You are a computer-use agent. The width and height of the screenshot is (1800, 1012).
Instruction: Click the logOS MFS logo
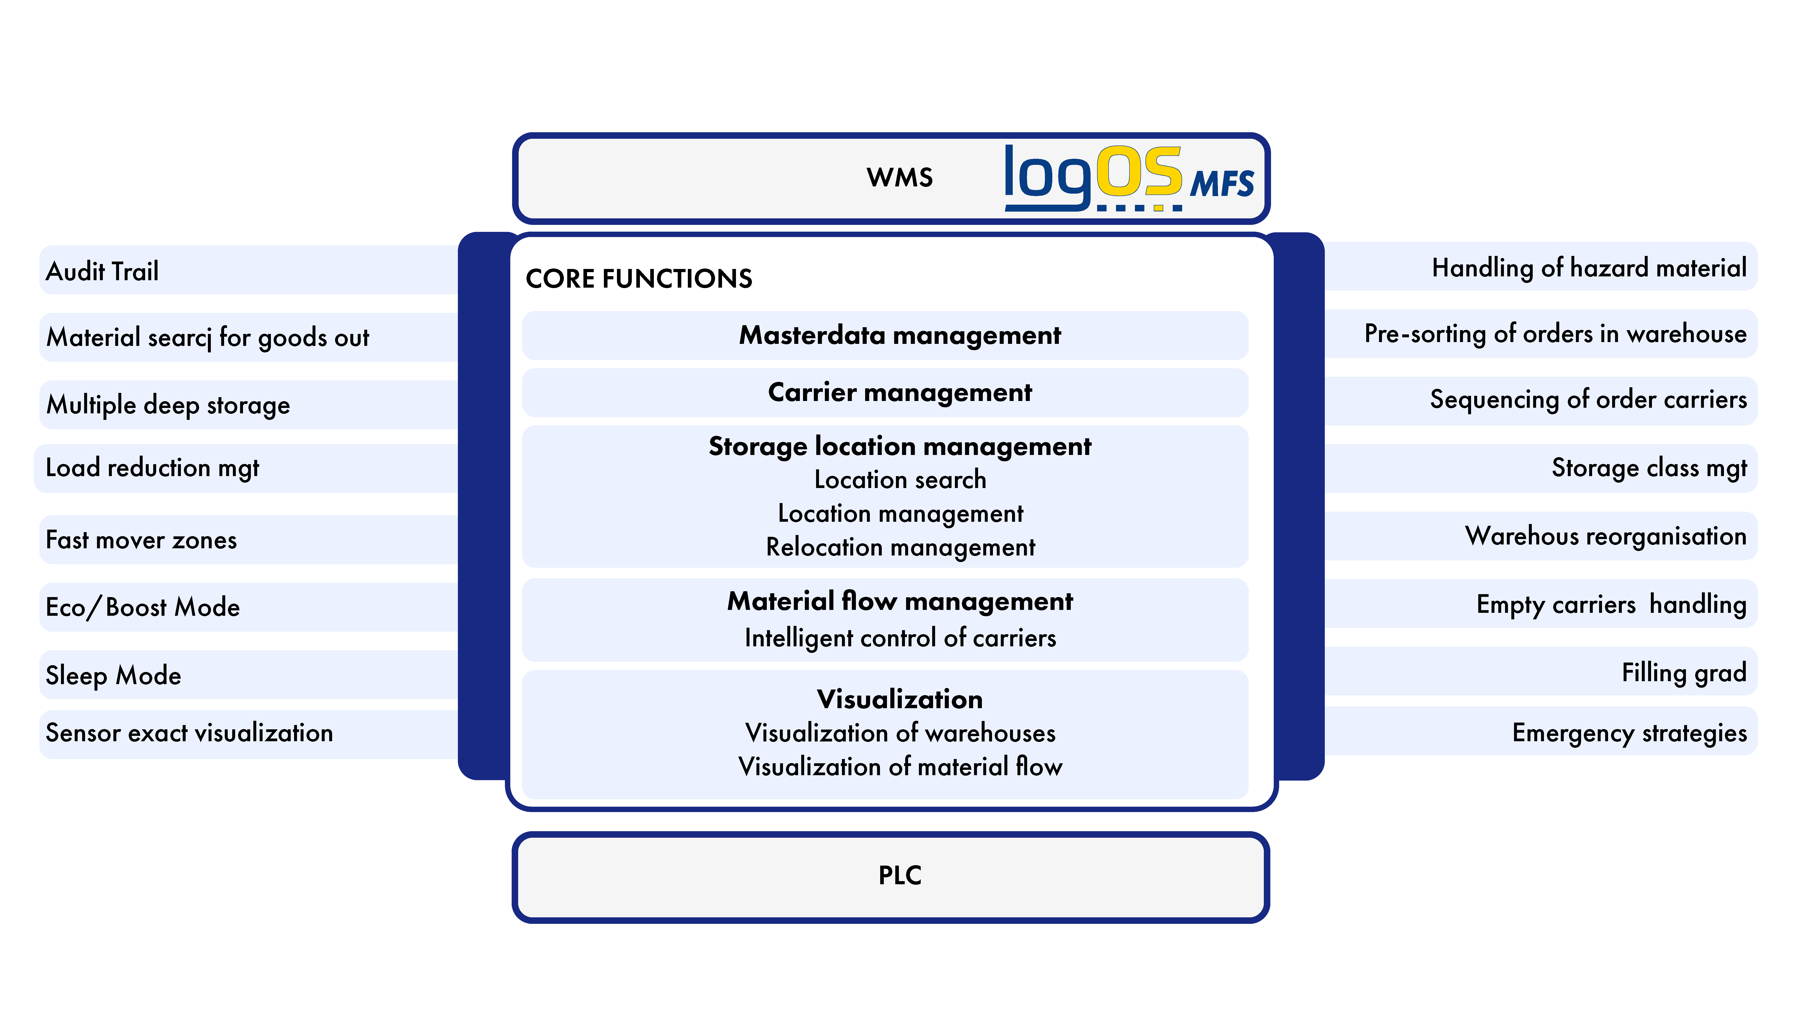click(1129, 178)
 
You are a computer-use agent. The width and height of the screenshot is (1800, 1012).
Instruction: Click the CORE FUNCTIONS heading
click(639, 279)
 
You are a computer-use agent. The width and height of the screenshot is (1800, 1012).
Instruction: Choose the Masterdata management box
click(885, 335)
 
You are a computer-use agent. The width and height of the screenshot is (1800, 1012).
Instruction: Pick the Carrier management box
click(885, 392)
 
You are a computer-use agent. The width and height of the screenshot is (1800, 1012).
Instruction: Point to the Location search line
click(900, 480)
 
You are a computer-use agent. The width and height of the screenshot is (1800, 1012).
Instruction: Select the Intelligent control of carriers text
click(900, 638)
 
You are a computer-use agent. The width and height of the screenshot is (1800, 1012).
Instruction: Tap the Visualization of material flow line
click(900, 767)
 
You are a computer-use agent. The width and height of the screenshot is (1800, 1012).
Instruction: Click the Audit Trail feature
click(102, 271)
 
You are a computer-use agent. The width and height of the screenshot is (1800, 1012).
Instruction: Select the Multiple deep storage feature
click(168, 405)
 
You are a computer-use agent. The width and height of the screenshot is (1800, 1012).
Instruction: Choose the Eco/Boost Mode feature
click(143, 607)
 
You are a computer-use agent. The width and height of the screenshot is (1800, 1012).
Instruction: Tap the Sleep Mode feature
click(113, 675)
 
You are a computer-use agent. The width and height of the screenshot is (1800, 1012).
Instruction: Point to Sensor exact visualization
click(189, 733)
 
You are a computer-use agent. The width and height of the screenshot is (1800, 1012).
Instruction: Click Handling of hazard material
click(1589, 267)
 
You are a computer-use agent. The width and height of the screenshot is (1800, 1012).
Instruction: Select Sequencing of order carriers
click(1588, 399)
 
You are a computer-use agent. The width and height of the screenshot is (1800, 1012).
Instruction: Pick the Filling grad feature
click(1684, 673)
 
